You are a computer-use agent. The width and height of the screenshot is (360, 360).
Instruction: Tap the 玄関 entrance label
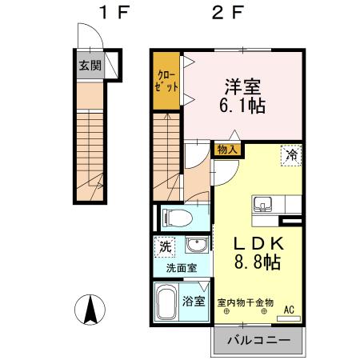tap(90, 66)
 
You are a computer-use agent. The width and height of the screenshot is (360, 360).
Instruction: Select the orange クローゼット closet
tap(166, 81)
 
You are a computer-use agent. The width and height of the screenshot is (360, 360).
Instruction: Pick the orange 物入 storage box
tap(226, 148)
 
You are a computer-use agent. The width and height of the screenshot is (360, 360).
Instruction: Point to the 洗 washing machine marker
tap(164, 247)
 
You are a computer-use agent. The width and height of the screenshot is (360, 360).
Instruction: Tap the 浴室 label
tap(194, 302)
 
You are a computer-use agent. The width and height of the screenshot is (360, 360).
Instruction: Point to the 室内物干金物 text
tap(246, 302)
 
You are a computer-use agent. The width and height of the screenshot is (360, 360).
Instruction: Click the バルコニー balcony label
tap(258, 339)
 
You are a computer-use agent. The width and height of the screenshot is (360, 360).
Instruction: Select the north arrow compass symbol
tap(92, 310)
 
